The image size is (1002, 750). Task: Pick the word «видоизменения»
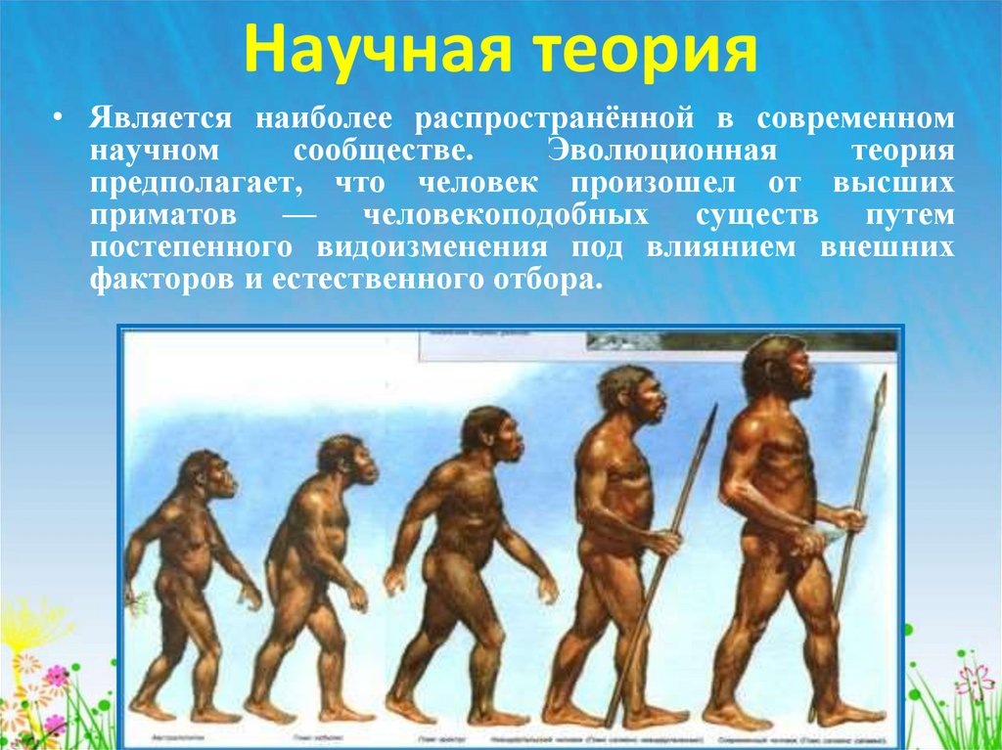tap(461, 246)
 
